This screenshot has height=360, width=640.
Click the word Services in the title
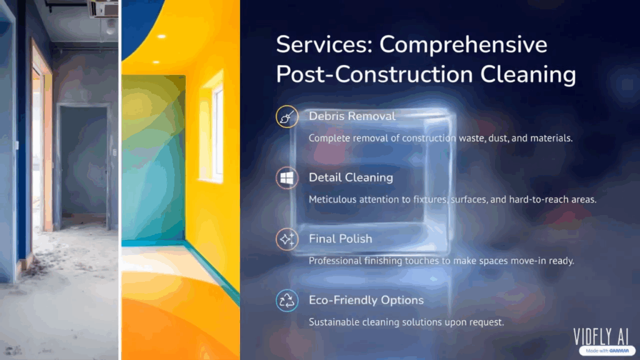click(324, 44)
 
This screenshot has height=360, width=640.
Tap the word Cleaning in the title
click(527, 75)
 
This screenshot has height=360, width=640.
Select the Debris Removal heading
click(352, 116)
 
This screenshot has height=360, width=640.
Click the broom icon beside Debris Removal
click(287, 117)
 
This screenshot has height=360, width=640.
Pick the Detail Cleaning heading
click(351, 177)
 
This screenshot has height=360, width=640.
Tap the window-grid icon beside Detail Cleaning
click(287, 178)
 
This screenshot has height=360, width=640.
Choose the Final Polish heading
click(341, 239)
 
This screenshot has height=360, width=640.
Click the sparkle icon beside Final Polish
click(287, 239)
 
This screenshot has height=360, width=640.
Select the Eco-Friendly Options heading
click(366, 300)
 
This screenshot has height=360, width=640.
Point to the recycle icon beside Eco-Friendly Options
click(287, 301)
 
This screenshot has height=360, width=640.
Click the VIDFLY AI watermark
click(601, 337)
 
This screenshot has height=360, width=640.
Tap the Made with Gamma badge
click(607, 351)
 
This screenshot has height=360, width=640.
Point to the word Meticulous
click(331, 199)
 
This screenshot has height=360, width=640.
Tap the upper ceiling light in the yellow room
click(162, 37)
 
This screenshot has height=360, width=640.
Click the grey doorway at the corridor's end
click(84, 163)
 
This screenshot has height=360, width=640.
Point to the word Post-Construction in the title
click(374, 75)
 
